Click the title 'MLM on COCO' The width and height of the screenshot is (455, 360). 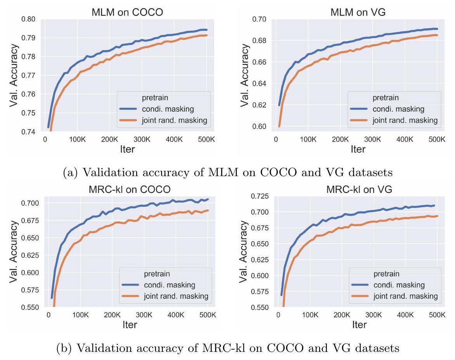[x=127, y=12]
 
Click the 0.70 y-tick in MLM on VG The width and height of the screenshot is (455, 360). [x=260, y=19]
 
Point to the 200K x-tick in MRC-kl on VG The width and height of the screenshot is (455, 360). [x=341, y=315]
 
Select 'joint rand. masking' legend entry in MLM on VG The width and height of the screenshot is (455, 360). [x=406, y=120]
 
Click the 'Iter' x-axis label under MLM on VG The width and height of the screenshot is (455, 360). [x=358, y=149]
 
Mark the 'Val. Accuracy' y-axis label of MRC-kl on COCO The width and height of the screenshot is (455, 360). [x=14, y=252]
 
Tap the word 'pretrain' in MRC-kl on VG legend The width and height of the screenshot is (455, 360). [x=387, y=273]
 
